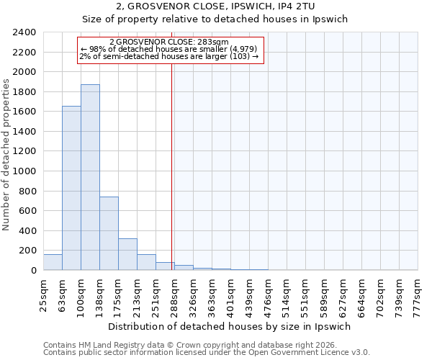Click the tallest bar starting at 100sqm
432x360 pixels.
[x=90, y=177]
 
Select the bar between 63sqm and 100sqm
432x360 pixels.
[x=71, y=188]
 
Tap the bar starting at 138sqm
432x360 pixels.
[x=109, y=233]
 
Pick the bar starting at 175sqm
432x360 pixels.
[x=127, y=254]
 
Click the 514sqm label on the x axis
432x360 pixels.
[x=287, y=293]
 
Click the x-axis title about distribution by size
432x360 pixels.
[x=230, y=326]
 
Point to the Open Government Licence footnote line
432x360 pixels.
[x=207, y=352]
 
